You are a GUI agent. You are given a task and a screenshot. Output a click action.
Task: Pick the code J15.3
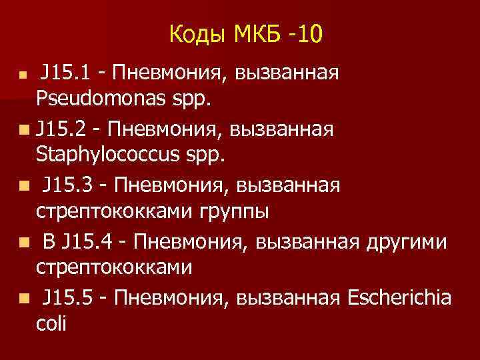coord(68,184)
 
